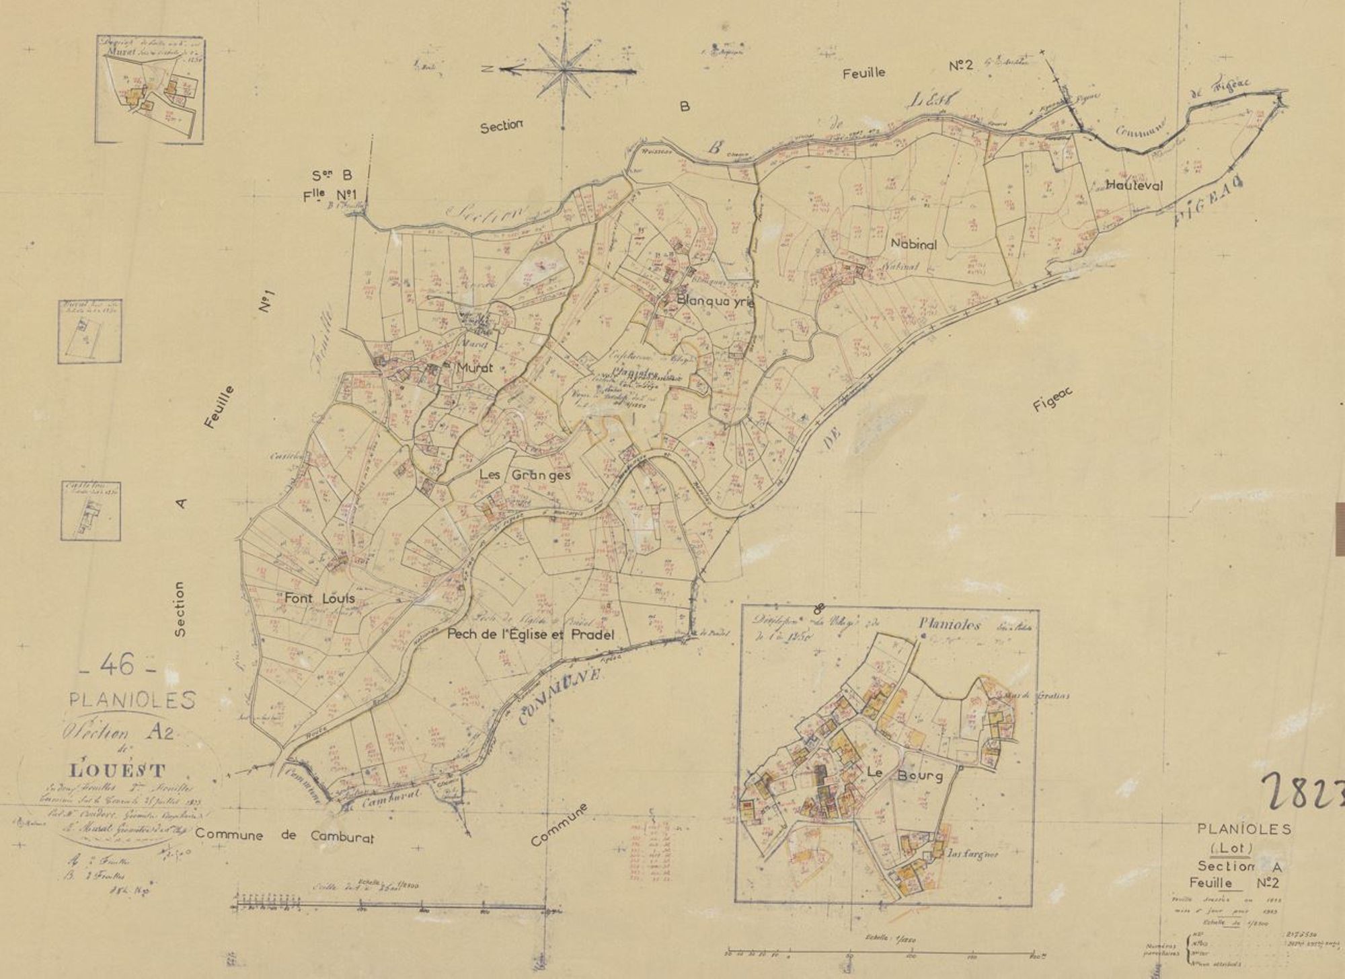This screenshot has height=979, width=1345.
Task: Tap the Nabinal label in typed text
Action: coord(913,245)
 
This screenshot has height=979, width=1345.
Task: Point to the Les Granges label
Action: coord(525,475)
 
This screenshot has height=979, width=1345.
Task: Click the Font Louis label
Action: coord(319,598)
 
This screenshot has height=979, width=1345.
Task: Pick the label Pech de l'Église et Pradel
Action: coord(531,634)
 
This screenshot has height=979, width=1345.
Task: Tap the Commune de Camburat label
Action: coord(284,837)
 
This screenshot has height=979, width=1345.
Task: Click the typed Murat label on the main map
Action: coord(475,368)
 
